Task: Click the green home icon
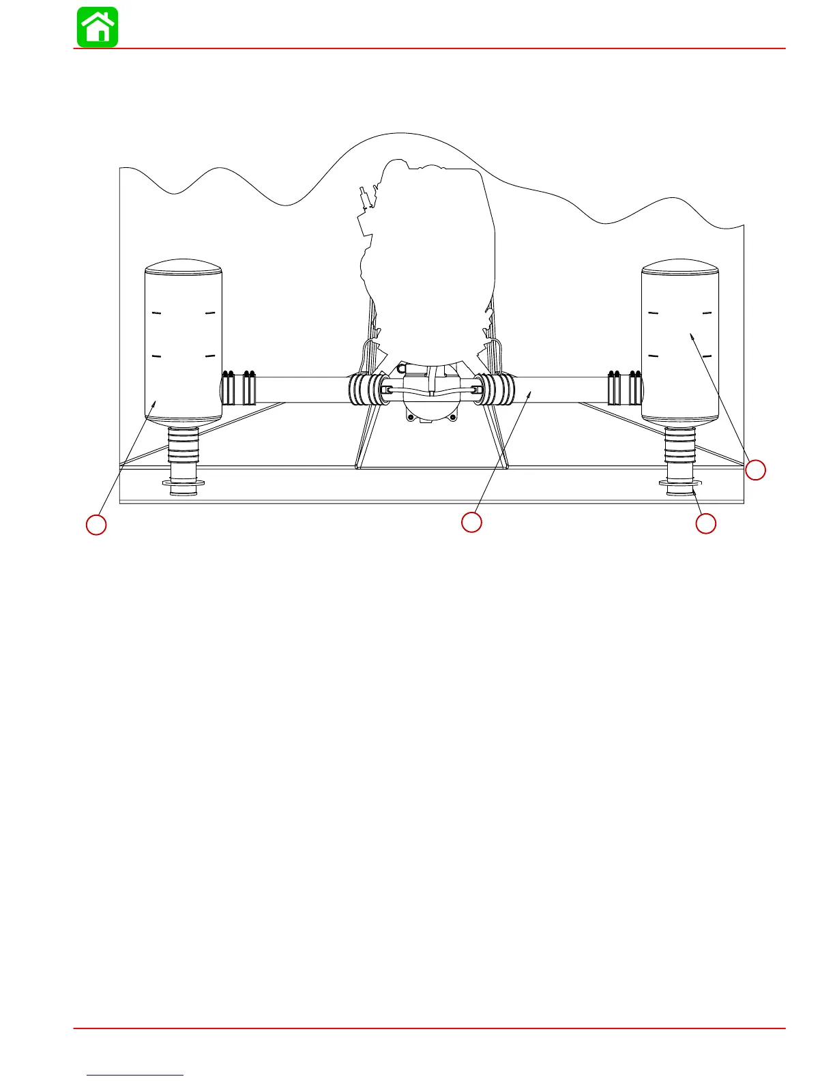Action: pyautogui.click(x=98, y=27)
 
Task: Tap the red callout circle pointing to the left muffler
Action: pyautogui.click(x=96, y=525)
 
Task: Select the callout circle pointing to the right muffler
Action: pyautogui.click(x=755, y=470)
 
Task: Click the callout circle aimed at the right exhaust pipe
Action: pyautogui.click(x=471, y=522)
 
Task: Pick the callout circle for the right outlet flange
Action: pyautogui.click(x=706, y=524)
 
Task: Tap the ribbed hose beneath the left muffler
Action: pyautogui.click(x=184, y=444)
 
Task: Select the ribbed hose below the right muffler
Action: pyautogui.click(x=680, y=444)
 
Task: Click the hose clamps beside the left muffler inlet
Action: pyautogui.click(x=239, y=388)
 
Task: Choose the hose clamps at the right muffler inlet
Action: pyautogui.click(x=625, y=388)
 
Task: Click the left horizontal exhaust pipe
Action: pyautogui.click(x=300, y=389)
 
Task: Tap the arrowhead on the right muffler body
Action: pyautogui.click(x=692, y=336)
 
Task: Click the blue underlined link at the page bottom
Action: pyautogui.click(x=135, y=1075)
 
